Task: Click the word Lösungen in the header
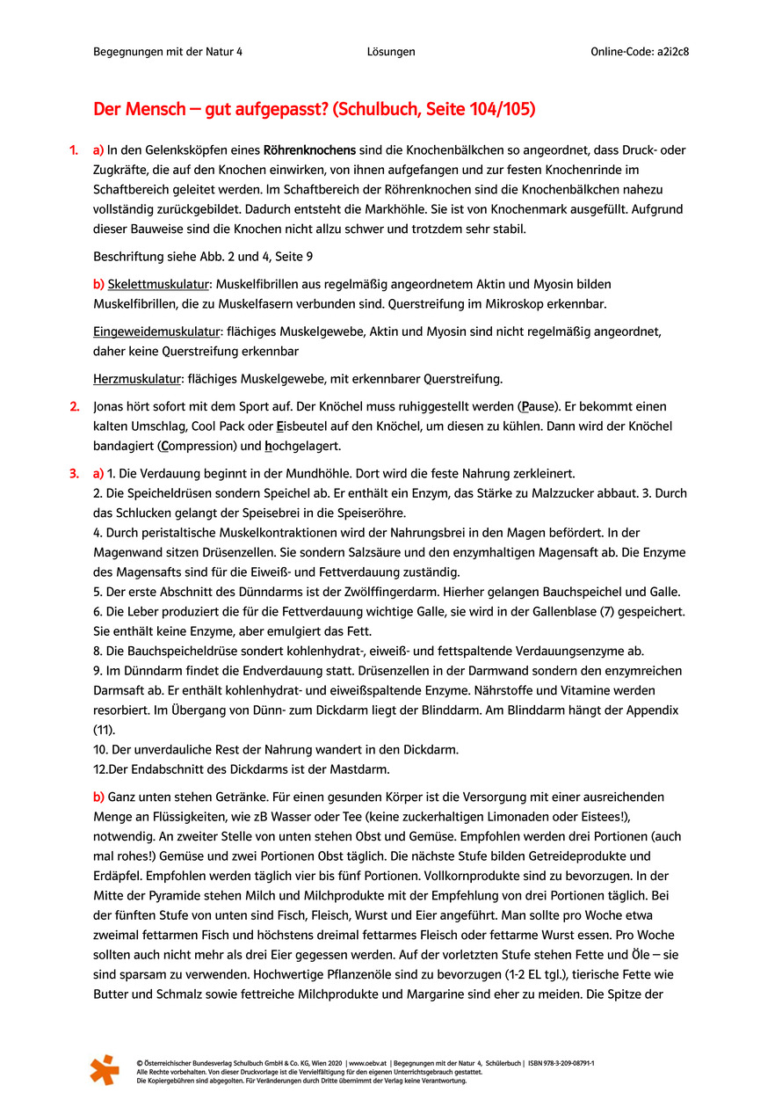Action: point(391,52)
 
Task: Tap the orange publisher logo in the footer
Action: point(105,1069)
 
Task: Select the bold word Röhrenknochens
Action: point(309,150)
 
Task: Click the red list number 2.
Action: point(74,406)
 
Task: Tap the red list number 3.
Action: point(74,474)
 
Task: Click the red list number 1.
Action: point(74,150)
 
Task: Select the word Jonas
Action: point(110,406)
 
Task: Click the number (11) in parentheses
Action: point(105,729)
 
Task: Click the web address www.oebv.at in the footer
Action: point(370,1063)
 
